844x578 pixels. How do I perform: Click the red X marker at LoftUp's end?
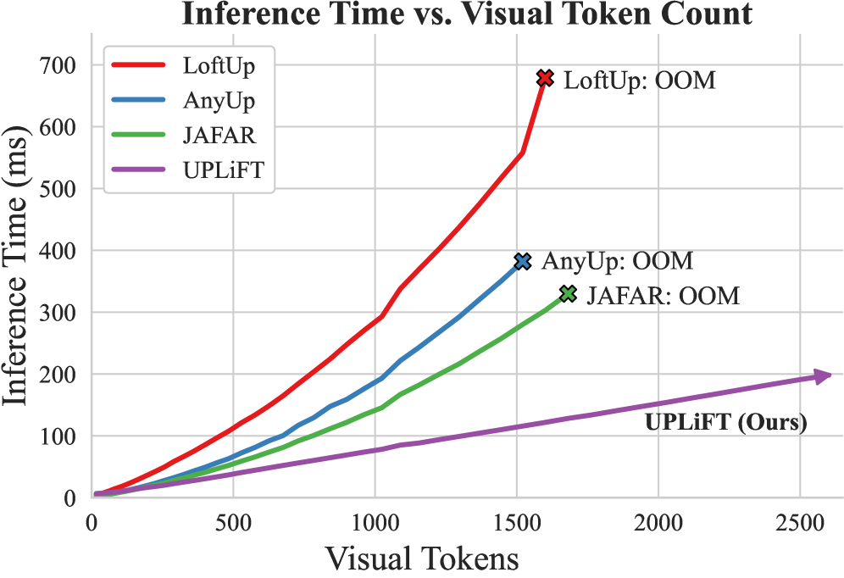point(545,79)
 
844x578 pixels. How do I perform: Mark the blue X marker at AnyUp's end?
point(522,262)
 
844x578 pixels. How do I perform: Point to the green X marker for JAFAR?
point(568,294)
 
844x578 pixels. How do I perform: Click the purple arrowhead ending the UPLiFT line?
point(823,376)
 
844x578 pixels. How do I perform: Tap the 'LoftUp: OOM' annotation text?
point(640,81)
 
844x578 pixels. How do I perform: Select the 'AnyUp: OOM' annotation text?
point(617,261)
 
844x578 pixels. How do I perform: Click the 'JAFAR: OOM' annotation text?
point(663,296)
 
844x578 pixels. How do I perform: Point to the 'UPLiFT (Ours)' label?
point(725,421)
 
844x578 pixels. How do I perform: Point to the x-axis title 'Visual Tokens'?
point(421,559)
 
